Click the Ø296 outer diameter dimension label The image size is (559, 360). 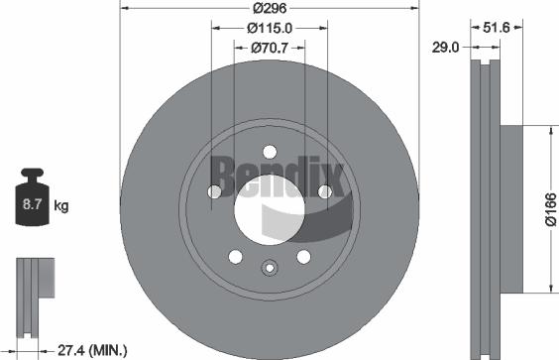coord(269,7)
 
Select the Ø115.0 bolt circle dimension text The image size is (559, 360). coord(269,27)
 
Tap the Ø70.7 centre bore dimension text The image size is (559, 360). coord(269,46)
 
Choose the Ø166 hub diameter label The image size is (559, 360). coord(547,209)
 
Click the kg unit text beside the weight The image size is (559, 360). coord(60,206)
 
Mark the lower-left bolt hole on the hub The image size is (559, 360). coord(235,257)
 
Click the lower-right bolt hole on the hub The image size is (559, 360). coord(302,257)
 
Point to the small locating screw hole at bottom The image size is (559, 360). coord(269,266)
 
